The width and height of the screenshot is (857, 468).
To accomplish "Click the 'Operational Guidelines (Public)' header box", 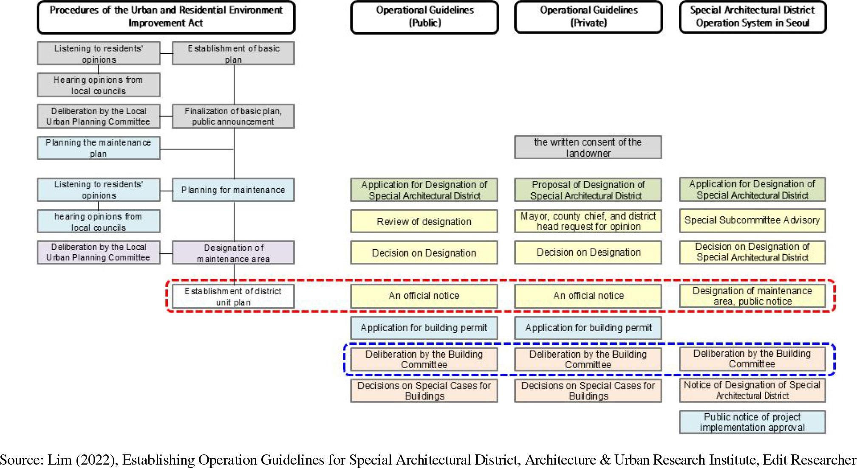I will tap(424, 17).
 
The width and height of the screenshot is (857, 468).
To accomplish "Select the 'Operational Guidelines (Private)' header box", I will tap(588, 17).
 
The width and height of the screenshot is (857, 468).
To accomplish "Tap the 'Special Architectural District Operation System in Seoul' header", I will tap(752, 17).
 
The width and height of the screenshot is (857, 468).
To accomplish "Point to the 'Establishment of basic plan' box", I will tap(233, 54).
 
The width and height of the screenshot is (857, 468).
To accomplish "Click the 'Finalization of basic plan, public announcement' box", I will tap(233, 116).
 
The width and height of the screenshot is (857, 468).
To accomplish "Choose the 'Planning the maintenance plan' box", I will tap(99, 148).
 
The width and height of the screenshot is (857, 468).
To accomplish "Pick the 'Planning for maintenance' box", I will tap(233, 190).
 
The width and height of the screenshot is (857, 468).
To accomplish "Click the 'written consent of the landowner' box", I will tap(588, 147).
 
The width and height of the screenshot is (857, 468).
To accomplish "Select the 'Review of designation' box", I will tap(424, 221).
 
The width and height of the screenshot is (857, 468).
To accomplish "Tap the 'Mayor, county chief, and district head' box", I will tap(588, 221).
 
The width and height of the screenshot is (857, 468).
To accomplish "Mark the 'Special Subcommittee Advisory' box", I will tap(752, 220).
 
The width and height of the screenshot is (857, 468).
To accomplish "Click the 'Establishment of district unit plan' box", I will tap(233, 296).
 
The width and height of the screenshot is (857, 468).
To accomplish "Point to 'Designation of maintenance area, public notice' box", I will tap(752, 296).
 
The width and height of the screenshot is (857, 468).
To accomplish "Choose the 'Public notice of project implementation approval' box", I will tap(752, 422).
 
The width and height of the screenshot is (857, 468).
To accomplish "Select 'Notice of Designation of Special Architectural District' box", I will tap(752, 390).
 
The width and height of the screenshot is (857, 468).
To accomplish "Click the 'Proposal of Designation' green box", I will tap(588, 190).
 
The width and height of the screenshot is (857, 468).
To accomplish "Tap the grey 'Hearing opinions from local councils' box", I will tap(99, 85).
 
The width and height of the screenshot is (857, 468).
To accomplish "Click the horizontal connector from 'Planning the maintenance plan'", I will tap(197, 149).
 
